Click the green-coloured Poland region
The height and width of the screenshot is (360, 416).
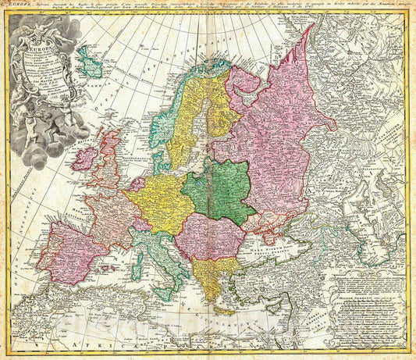pos(219,190)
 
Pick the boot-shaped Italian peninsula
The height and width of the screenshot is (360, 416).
pos(160,258)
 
